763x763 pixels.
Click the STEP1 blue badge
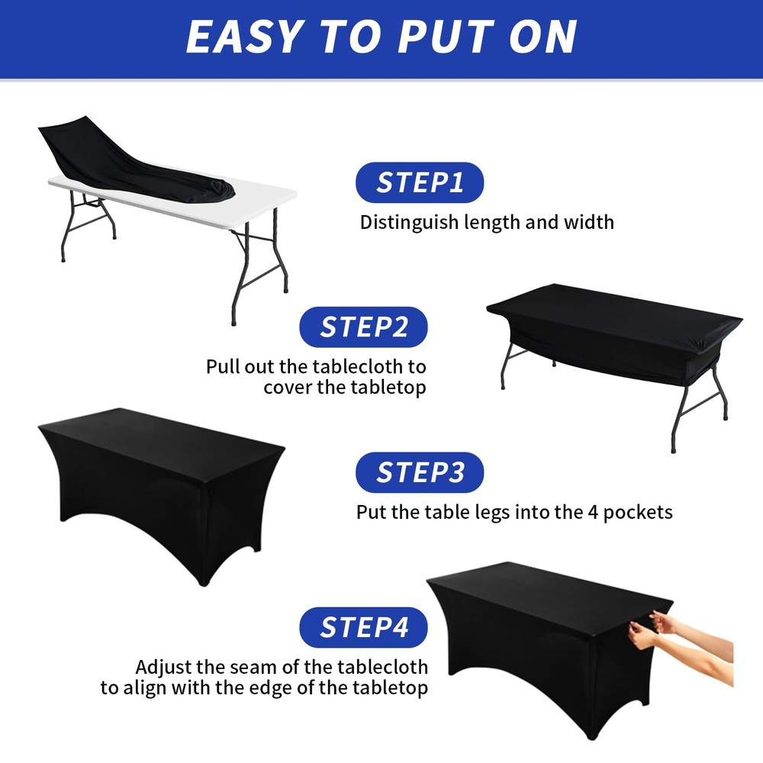click(x=420, y=183)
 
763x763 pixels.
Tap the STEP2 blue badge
click(x=363, y=327)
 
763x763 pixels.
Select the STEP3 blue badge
click(x=420, y=472)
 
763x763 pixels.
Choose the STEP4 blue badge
click(x=363, y=627)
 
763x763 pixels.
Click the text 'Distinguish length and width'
click(x=487, y=223)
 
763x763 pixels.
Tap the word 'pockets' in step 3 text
click(x=638, y=511)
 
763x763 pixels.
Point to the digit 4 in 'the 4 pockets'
click(x=585, y=511)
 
